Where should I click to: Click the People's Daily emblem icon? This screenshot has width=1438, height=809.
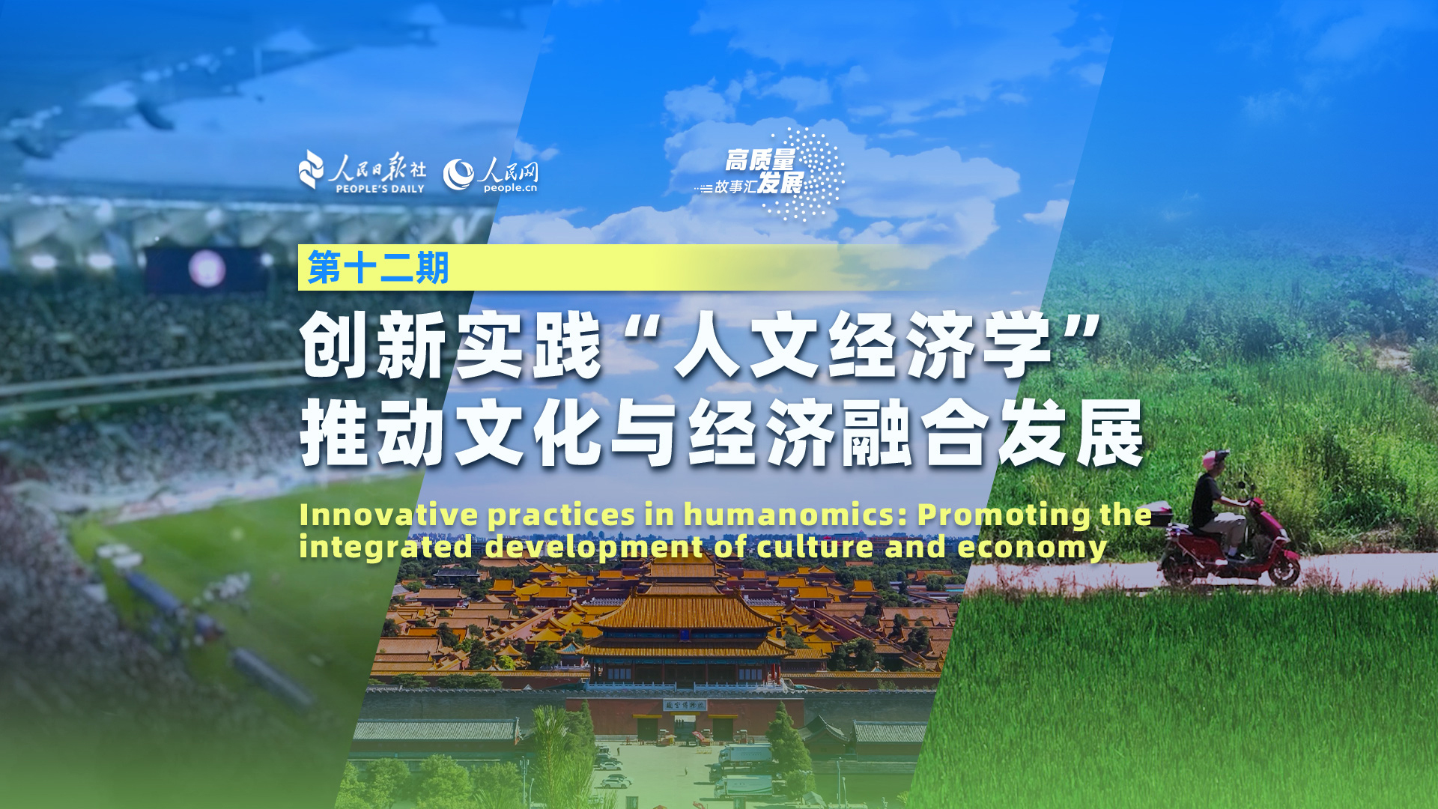312,169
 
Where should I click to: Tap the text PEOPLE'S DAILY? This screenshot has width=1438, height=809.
380,189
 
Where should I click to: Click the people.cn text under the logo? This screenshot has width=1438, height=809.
510,188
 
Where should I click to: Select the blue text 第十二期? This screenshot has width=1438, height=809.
378,267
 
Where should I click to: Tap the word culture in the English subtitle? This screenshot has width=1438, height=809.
815,547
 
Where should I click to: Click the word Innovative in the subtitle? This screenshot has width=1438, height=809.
389,515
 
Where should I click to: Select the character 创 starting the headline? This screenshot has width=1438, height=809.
336,345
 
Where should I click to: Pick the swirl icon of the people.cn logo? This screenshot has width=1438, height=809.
458,175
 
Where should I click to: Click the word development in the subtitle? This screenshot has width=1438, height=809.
595,548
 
